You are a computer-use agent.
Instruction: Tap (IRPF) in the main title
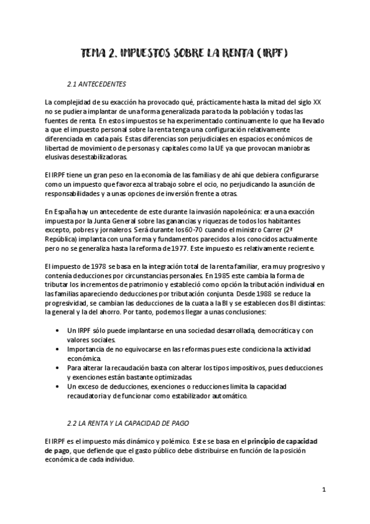[274, 54]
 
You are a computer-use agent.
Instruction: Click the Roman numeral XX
[317, 101]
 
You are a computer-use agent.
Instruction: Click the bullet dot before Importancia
[57, 349]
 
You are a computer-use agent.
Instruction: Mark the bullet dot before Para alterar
[57, 368]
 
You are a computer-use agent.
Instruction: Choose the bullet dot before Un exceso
[57, 387]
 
